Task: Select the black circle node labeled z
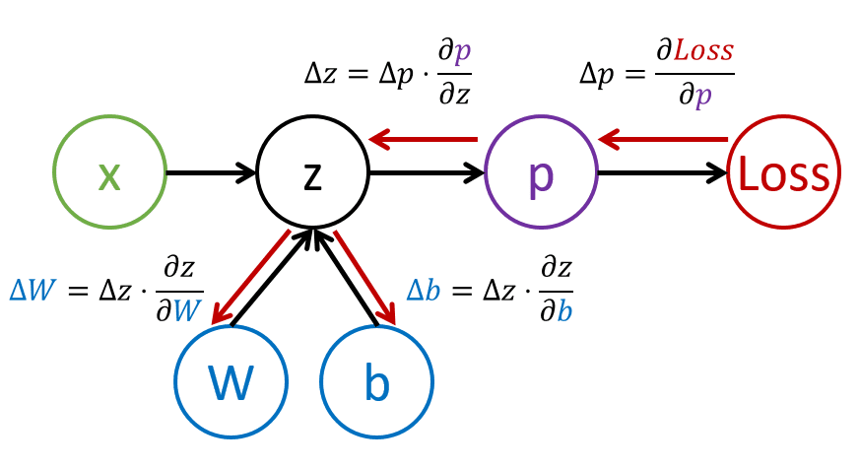pos(312,172)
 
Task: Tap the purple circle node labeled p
pos(541,172)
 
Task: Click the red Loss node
pos(784,172)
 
